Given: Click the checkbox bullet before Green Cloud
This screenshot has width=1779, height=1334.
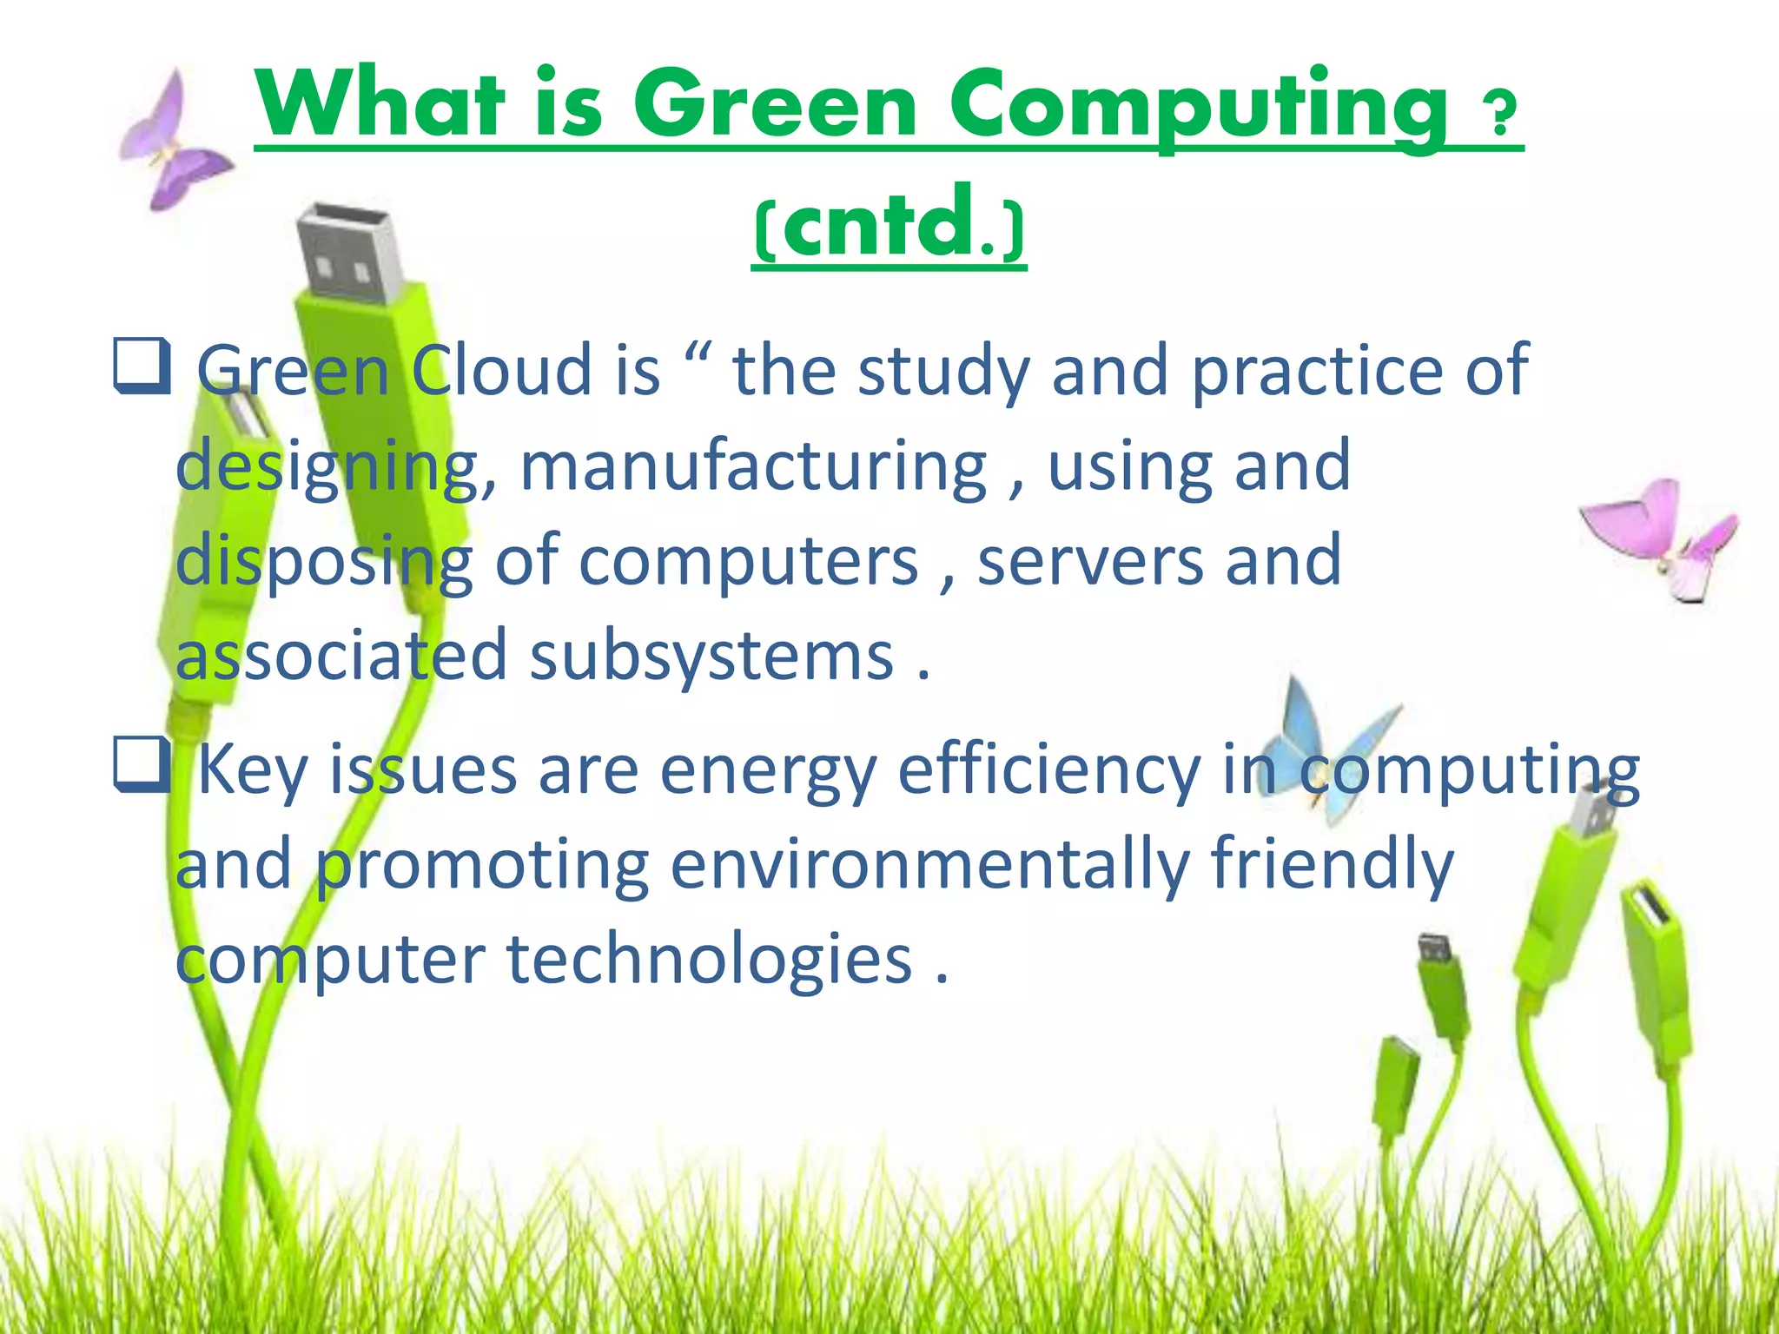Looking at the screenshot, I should click(x=141, y=367).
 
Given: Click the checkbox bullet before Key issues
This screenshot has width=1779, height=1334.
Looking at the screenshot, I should click(x=141, y=765).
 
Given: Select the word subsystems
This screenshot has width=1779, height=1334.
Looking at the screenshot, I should click(x=711, y=656).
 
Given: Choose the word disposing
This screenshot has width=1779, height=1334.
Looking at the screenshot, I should click(x=324, y=561).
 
